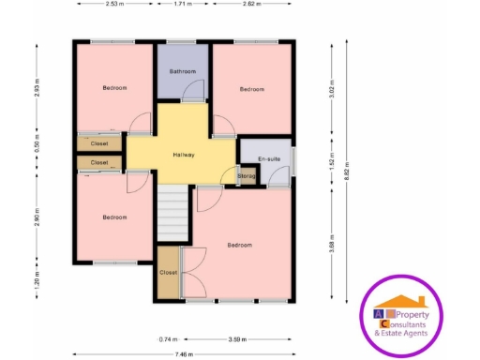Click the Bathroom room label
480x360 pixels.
pyautogui.click(x=183, y=72)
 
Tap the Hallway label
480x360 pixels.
pyautogui.click(x=184, y=155)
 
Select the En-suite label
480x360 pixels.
pyautogui.click(x=270, y=159)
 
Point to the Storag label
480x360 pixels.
pyautogui.click(x=247, y=175)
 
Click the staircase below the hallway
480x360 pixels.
pyautogui.click(x=173, y=211)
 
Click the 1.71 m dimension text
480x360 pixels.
pyautogui.click(x=185, y=4)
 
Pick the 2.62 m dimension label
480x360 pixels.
pyautogui.click(x=250, y=4)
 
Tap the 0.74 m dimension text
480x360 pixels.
pyautogui.click(x=168, y=337)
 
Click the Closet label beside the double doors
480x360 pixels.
pyautogui.click(x=169, y=272)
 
